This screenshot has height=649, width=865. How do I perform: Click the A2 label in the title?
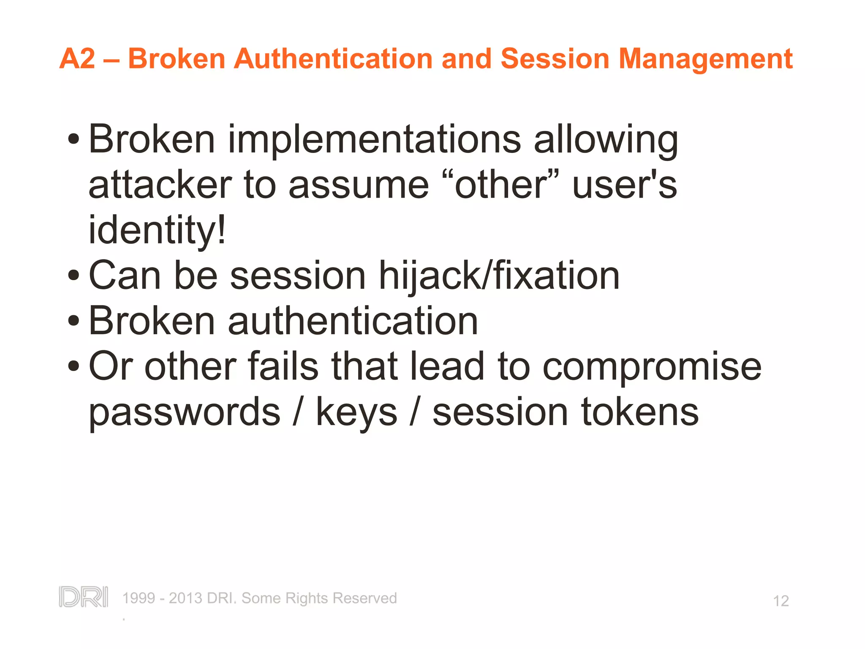click(78, 58)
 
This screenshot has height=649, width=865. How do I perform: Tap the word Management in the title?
click(705, 59)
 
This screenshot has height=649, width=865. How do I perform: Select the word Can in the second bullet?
click(125, 275)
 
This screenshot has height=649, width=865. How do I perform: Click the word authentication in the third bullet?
click(353, 321)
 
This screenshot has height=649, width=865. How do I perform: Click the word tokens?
click(640, 412)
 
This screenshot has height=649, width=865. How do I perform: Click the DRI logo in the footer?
click(83, 597)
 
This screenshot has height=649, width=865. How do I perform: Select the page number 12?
click(781, 601)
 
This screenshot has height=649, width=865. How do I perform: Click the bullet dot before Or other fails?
click(73, 366)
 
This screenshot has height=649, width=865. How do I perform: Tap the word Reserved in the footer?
click(364, 598)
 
